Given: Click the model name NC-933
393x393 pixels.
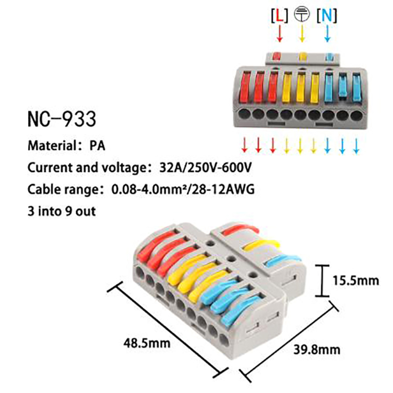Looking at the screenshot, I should (61, 119).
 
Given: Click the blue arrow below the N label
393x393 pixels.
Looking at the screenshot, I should (327, 33).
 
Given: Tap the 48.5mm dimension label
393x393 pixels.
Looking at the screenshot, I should (147, 342).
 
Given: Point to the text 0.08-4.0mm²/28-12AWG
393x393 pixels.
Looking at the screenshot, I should (183, 190).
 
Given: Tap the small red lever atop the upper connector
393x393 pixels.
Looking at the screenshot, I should (277, 56).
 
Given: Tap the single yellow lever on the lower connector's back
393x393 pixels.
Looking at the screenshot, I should (265, 244).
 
